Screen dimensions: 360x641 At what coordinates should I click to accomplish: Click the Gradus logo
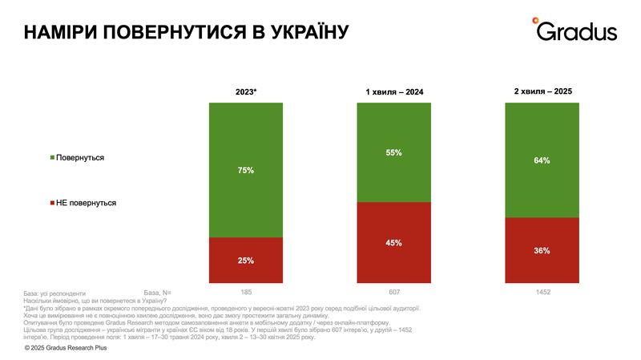point(576,30)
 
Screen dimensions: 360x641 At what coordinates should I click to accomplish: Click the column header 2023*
point(245,92)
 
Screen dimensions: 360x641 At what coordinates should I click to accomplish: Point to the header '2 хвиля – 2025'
point(542,92)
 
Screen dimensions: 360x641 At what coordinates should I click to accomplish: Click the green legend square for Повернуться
point(53,158)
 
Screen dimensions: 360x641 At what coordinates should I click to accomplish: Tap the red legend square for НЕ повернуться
point(53,203)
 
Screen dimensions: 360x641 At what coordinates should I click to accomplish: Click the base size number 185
point(246,292)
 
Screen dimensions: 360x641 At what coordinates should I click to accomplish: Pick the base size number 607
point(393,292)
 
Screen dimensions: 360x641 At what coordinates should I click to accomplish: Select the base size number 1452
point(542,292)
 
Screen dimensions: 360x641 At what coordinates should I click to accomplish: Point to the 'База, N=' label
point(157,292)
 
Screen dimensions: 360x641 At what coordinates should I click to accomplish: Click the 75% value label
point(246,170)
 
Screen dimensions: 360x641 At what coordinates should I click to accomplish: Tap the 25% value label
point(246,261)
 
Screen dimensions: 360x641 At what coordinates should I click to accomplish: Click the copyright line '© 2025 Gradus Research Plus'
point(73,348)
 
